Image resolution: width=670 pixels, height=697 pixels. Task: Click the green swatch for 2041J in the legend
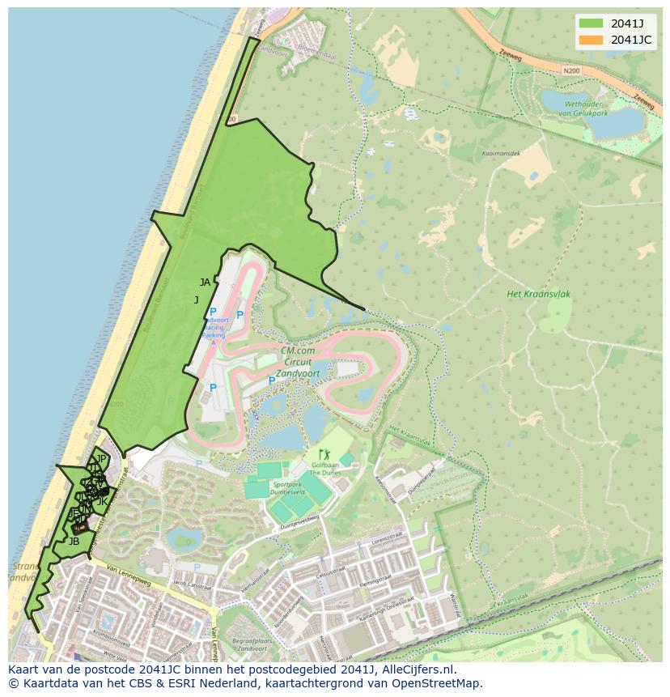(x=591, y=23)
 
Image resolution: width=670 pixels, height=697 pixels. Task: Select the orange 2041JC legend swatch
(x=591, y=40)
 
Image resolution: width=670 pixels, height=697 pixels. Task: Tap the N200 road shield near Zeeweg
(x=571, y=71)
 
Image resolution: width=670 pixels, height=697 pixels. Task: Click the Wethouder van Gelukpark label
(x=587, y=109)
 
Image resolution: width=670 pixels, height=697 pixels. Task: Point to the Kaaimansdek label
(x=501, y=152)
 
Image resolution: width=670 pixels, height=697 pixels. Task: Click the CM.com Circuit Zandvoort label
(x=296, y=362)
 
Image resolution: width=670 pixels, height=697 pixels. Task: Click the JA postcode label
(x=205, y=283)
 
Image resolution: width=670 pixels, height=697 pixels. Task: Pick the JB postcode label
(x=74, y=541)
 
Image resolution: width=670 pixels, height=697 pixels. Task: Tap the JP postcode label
(x=101, y=459)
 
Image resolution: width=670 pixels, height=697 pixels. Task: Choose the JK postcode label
(x=102, y=502)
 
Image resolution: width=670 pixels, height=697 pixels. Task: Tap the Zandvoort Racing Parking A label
(x=213, y=327)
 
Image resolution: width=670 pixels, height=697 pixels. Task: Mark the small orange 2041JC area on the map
(x=78, y=527)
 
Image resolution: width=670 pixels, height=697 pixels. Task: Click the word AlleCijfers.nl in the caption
(x=418, y=670)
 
